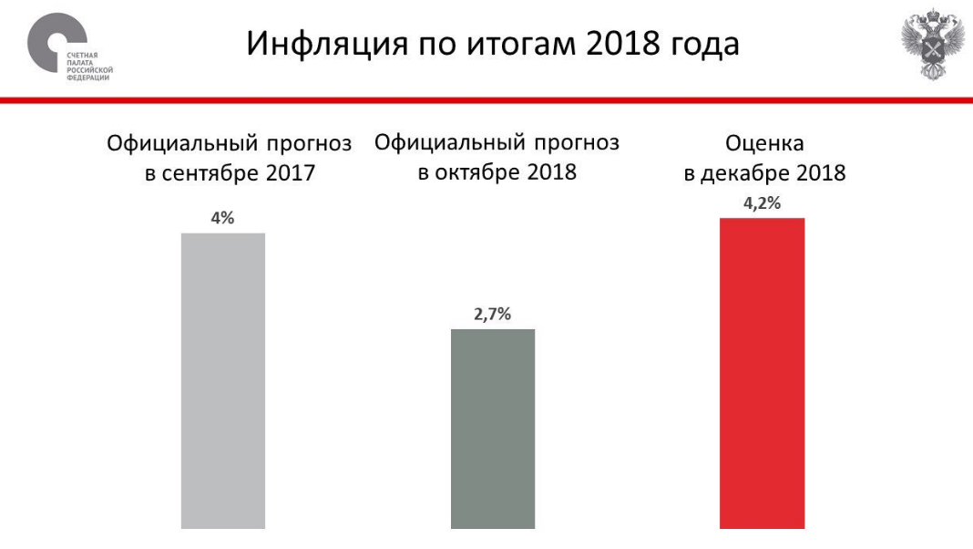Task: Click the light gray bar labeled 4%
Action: (223, 380)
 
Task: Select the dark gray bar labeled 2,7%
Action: (493, 428)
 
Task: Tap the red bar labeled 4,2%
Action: (763, 373)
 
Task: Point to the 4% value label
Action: (223, 219)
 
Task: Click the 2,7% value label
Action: (493, 315)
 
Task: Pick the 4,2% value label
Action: (763, 203)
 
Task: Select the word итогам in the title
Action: (523, 45)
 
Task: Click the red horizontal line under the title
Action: (486, 99)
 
